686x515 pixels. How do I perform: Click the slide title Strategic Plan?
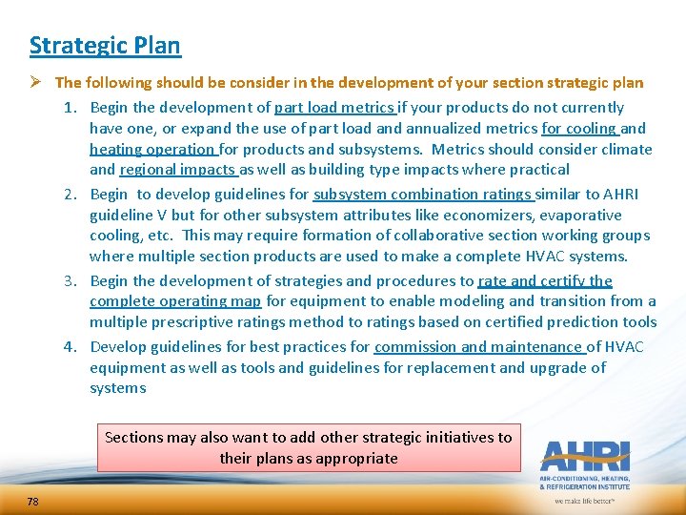pos(105,46)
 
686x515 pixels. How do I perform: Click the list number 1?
pos(70,108)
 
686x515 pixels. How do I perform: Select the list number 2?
pos(70,195)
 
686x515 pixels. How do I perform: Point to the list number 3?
pos(70,281)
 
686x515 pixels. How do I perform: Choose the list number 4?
pos(70,347)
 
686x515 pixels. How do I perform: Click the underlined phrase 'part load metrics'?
pos(333,108)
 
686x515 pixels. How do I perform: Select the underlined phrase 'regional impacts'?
pos(177,170)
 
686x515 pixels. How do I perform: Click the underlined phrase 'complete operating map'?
pos(175,302)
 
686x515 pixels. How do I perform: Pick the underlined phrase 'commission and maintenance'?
pos(478,347)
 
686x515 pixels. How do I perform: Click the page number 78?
pos(33,502)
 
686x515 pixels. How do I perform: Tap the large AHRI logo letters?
pos(583,457)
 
